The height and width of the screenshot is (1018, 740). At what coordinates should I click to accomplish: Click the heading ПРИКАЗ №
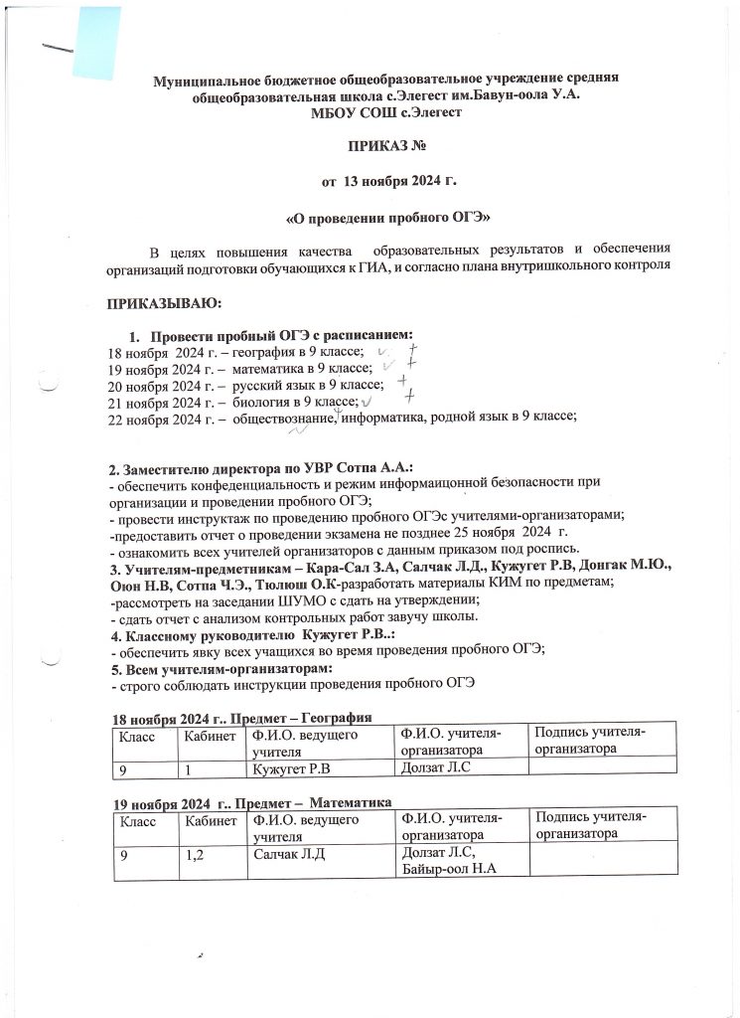(x=385, y=147)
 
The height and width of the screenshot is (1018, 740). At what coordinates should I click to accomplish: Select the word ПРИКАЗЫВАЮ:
(x=165, y=301)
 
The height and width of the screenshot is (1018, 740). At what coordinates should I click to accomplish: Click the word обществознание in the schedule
(x=284, y=418)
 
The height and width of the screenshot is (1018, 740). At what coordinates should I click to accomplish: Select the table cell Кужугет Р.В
(x=291, y=768)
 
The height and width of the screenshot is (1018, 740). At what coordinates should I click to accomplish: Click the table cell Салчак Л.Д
(x=290, y=854)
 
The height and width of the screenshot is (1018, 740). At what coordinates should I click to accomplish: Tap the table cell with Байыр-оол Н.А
(x=448, y=871)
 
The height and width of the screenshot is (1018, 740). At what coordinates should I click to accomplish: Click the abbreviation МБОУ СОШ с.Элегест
(x=385, y=113)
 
